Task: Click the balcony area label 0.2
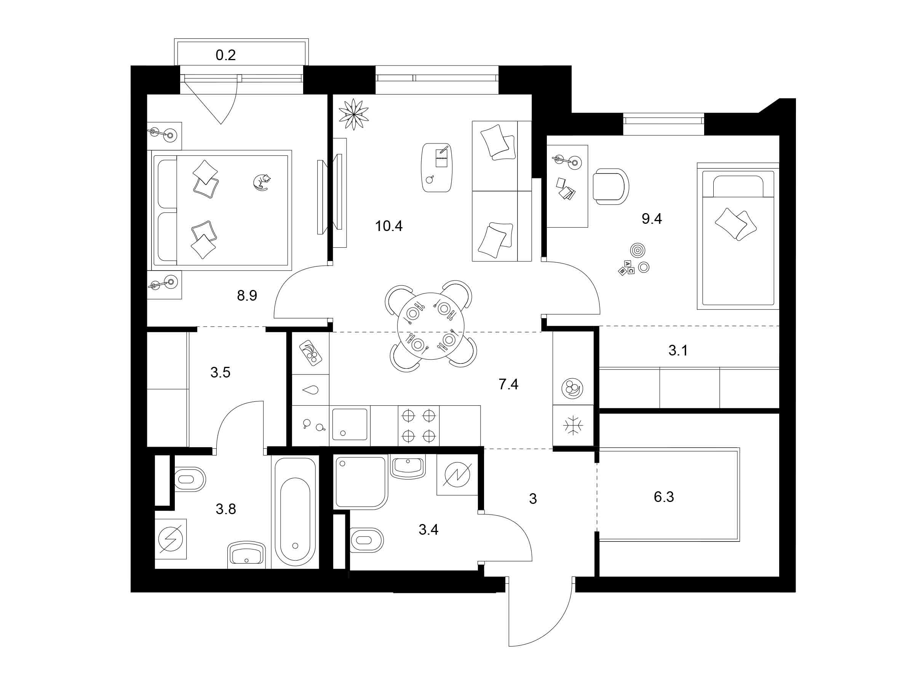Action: (x=225, y=55)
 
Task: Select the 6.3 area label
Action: (x=663, y=497)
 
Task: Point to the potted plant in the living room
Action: (x=353, y=114)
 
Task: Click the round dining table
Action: (x=431, y=326)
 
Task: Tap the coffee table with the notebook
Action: (x=437, y=167)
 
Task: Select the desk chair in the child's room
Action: (x=611, y=186)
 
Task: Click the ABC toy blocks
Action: (x=626, y=268)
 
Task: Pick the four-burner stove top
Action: (x=419, y=426)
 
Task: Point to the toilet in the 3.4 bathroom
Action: (x=366, y=540)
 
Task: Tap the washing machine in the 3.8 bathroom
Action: (x=171, y=539)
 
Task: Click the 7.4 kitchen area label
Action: (x=508, y=384)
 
